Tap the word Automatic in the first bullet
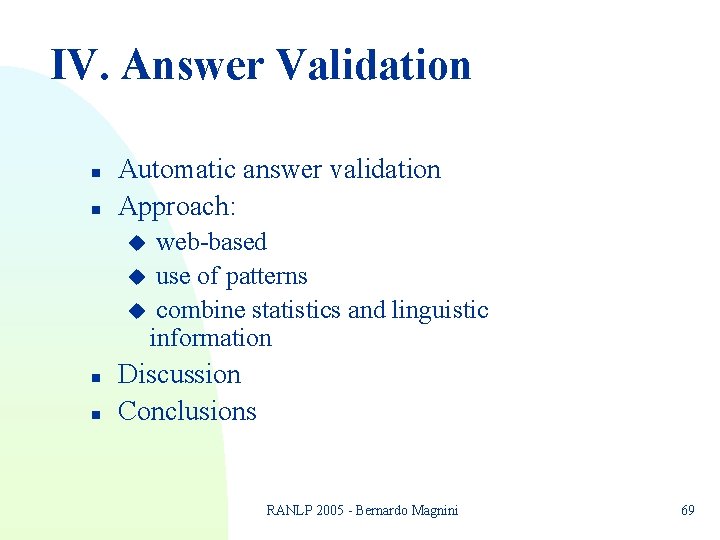(x=175, y=170)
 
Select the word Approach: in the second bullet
(x=177, y=207)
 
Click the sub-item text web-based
(x=211, y=242)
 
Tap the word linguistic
(x=440, y=310)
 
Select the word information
(x=210, y=338)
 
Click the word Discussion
(x=179, y=375)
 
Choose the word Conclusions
(x=187, y=411)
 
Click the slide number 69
(x=688, y=510)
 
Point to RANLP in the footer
(x=286, y=510)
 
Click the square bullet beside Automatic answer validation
(x=93, y=172)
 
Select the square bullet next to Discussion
(x=93, y=377)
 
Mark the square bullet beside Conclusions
(x=93, y=413)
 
